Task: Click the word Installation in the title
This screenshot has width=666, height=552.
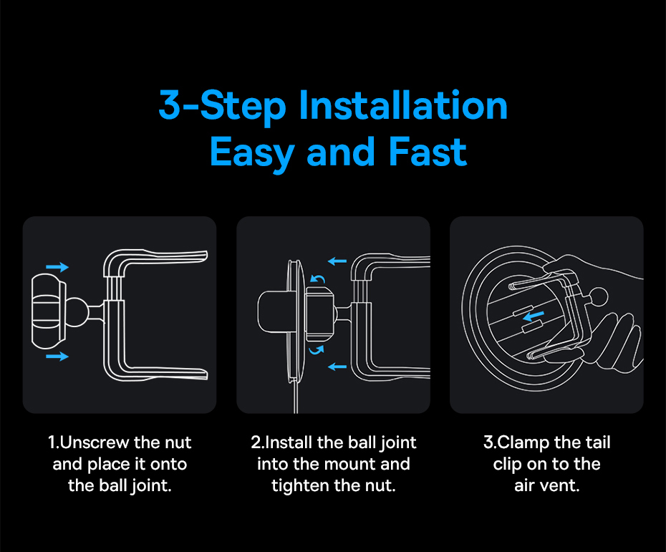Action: click(403, 105)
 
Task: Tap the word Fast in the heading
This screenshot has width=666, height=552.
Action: click(428, 152)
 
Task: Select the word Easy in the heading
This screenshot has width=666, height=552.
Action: click(252, 154)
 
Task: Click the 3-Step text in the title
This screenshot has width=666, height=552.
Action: click(222, 106)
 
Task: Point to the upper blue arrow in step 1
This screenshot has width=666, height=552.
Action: click(57, 266)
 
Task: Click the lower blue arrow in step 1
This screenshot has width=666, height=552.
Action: click(57, 356)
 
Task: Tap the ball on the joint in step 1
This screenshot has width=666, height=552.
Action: click(77, 311)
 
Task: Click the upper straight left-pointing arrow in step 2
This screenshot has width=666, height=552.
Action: click(337, 261)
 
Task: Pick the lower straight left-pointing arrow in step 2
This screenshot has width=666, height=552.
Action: click(337, 367)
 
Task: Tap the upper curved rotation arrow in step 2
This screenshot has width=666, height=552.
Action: click(318, 278)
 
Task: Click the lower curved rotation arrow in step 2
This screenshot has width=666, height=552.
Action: click(317, 350)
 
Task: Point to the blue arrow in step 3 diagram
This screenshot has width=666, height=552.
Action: click(534, 316)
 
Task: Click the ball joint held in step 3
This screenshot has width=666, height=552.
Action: click(599, 296)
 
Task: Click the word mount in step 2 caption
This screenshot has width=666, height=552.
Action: click(354, 465)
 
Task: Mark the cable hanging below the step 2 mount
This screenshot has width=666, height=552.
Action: click(296, 396)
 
